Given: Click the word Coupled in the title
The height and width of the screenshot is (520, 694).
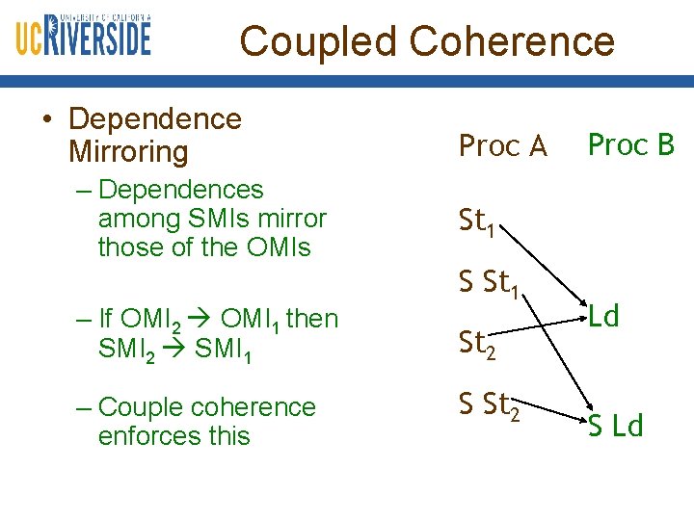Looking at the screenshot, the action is click(x=317, y=41).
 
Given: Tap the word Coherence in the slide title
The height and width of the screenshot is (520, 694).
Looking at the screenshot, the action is click(x=512, y=41).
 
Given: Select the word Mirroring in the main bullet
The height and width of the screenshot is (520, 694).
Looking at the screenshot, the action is click(x=128, y=152).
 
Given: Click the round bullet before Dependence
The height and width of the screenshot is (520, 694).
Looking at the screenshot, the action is click(x=45, y=119).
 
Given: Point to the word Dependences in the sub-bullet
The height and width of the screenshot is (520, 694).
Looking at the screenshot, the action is click(x=180, y=190).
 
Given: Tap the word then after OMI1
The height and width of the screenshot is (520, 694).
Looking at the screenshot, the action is click(x=312, y=318).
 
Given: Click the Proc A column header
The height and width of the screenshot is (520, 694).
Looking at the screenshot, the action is click(x=502, y=146).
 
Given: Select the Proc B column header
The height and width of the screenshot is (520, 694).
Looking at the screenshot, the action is click(x=631, y=144).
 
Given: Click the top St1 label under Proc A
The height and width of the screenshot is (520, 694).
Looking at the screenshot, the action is click(x=477, y=222).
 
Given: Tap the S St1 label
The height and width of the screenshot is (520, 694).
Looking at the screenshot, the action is click(x=491, y=284).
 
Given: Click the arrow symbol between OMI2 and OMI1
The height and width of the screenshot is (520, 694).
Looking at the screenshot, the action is click(x=205, y=319).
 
